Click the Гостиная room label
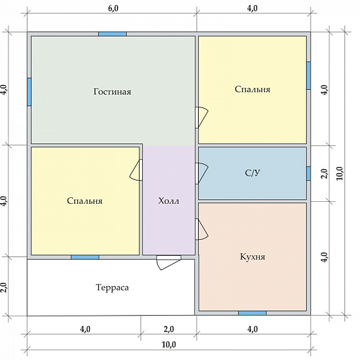click(113, 91)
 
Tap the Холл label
click(168, 201)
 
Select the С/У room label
click(253, 173)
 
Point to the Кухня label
click(253, 256)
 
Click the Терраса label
click(113, 287)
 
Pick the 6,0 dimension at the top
click(113, 8)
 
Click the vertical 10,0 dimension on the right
click(339, 174)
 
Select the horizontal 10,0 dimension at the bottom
click(169, 345)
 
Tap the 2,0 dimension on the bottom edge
click(169, 329)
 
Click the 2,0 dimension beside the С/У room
click(324, 174)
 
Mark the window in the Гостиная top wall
click(113, 34)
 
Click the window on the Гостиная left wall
click(29, 92)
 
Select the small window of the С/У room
click(309, 174)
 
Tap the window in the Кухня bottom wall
click(252, 313)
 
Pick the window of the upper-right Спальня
click(309, 76)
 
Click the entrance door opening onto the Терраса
click(168, 262)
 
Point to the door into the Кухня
click(202, 230)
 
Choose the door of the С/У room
click(202, 174)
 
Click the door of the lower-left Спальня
click(136, 170)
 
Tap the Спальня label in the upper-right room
click(253, 89)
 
